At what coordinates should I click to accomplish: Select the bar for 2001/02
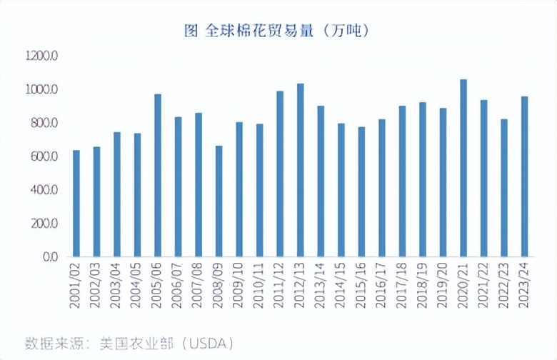pyautogui.click(x=76, y=204)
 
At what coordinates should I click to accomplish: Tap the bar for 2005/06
pyautogui.click(x=158, y=175)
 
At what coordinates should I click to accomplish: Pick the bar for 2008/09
pyautogui.click(x=219, y=201)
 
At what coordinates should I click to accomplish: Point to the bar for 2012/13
pyautogui.click(x=301, y=170)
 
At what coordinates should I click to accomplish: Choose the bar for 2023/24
pyautogui.click(x=525, y=176)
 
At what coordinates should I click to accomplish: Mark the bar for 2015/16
pyautogui.click(x=361, y=191)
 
